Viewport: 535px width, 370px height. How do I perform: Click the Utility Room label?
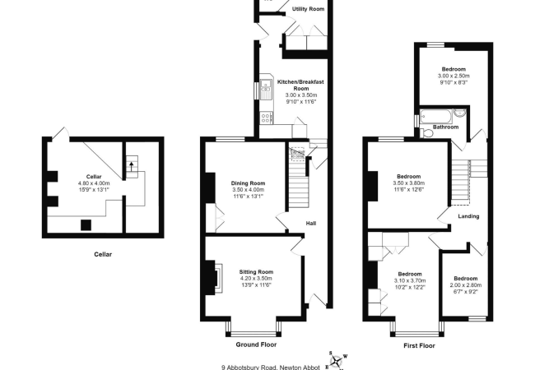click(309, 9)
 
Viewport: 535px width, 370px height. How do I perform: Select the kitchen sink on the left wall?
click(266, 88)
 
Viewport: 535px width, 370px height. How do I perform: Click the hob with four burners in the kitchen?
click(266, 119)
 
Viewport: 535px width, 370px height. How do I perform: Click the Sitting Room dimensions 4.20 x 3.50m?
click(255, 278)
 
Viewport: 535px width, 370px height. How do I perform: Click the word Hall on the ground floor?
click(311, 223)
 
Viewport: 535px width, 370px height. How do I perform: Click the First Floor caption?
click(419, 346)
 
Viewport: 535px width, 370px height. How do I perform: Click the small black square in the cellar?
click(85, 224)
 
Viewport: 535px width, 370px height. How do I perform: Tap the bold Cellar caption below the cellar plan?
click(101, 254)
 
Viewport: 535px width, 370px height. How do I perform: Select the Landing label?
click(469, 216)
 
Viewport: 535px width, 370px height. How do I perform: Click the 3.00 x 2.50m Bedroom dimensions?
click(452, 76)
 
